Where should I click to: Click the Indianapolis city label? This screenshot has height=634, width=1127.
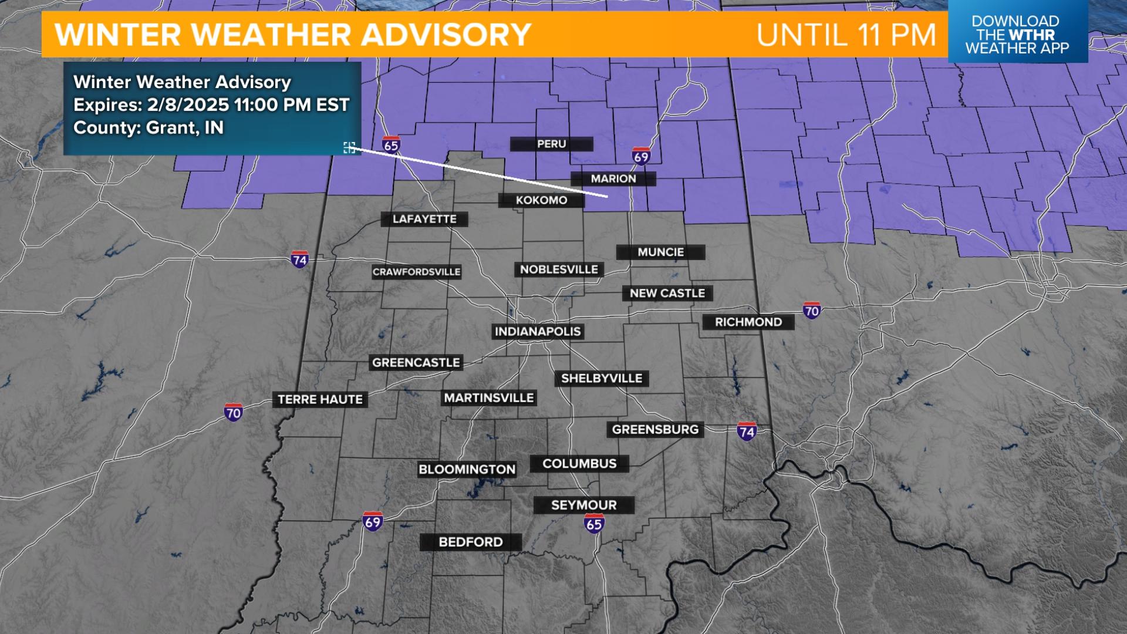tap(538, 332)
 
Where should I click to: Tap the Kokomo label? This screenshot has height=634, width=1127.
tap(541, 200)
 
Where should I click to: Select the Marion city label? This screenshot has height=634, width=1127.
tap(613, 178)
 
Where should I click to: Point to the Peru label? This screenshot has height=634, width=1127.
tap(551, 144)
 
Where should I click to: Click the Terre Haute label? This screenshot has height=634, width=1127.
tap(320, 400)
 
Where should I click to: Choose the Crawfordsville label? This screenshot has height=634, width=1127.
tap(417, 272)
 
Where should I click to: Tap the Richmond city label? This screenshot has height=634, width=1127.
tap(748, 322)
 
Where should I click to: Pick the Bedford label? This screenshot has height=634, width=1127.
tap(471, 542)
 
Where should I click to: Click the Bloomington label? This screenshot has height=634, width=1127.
tap(467, 470)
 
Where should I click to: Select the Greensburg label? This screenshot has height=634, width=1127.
tap(655, 430)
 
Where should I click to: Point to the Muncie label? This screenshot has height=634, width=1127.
tap(661, 252)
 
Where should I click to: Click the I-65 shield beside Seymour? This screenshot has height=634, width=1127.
tap(594, 522)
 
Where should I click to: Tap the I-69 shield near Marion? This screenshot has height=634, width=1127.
tap(641, 156)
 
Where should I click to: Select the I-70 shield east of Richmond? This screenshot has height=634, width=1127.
tap(812, 310)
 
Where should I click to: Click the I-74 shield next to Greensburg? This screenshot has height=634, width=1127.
tap(747, 431)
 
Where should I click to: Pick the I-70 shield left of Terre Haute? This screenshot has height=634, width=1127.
tap(233, 412)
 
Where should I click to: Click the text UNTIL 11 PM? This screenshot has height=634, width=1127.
tap(846, 35)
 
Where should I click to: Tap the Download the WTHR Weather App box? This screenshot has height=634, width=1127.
tap(1017, 34)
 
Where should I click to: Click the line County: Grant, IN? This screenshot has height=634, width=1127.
tap(149, 128)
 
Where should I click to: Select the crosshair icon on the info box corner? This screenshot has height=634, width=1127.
tap(349, 147)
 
